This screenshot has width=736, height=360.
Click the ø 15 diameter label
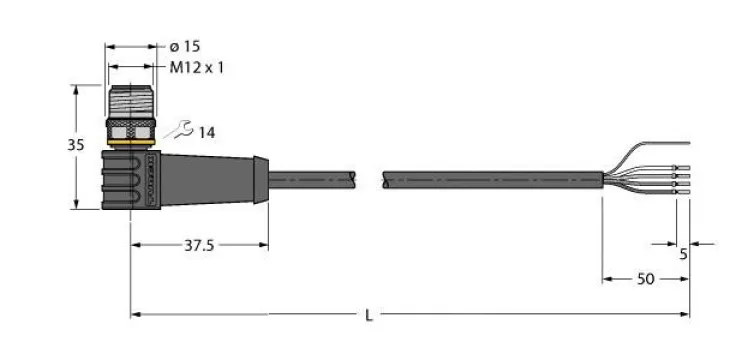coord(184,46)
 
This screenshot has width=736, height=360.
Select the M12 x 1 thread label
coord(197,68)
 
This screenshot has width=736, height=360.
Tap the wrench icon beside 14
coord(179,130)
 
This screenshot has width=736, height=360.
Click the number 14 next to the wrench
coord(207,133)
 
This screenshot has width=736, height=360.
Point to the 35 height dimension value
coord(76,146)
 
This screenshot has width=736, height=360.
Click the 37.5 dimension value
coord(199,245)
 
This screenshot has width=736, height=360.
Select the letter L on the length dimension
coord(369,315)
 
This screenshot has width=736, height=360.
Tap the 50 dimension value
coord(645,279)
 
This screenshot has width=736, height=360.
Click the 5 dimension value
coord(683,254)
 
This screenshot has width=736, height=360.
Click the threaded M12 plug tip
coord(131,102)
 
